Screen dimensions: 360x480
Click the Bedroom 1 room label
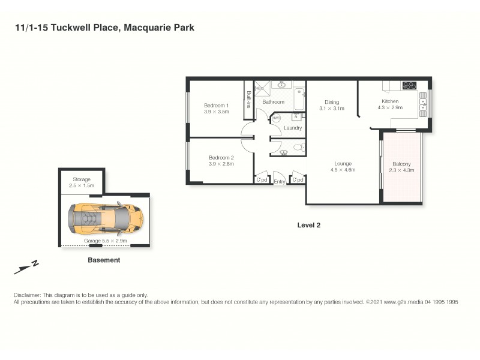point(216,104)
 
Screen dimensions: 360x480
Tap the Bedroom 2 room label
point(221,158)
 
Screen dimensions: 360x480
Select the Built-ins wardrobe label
point(248,99)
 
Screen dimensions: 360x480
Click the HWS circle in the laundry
point(276,118)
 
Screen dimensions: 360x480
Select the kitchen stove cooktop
point(409,86)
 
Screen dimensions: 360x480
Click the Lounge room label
point(343,163)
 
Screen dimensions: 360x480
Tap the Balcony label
point(401,164)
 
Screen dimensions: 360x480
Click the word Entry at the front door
point(280,181)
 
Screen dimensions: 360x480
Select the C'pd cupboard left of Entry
point(262,180)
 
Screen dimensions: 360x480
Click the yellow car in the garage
point(105,218)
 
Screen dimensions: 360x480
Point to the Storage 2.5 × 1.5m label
point(82,182)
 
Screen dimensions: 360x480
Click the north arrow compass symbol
point(26,267)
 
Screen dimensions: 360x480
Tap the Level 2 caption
point(309,225)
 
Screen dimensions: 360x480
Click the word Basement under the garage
point(104,260)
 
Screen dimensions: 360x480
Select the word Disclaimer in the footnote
point(26,295)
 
